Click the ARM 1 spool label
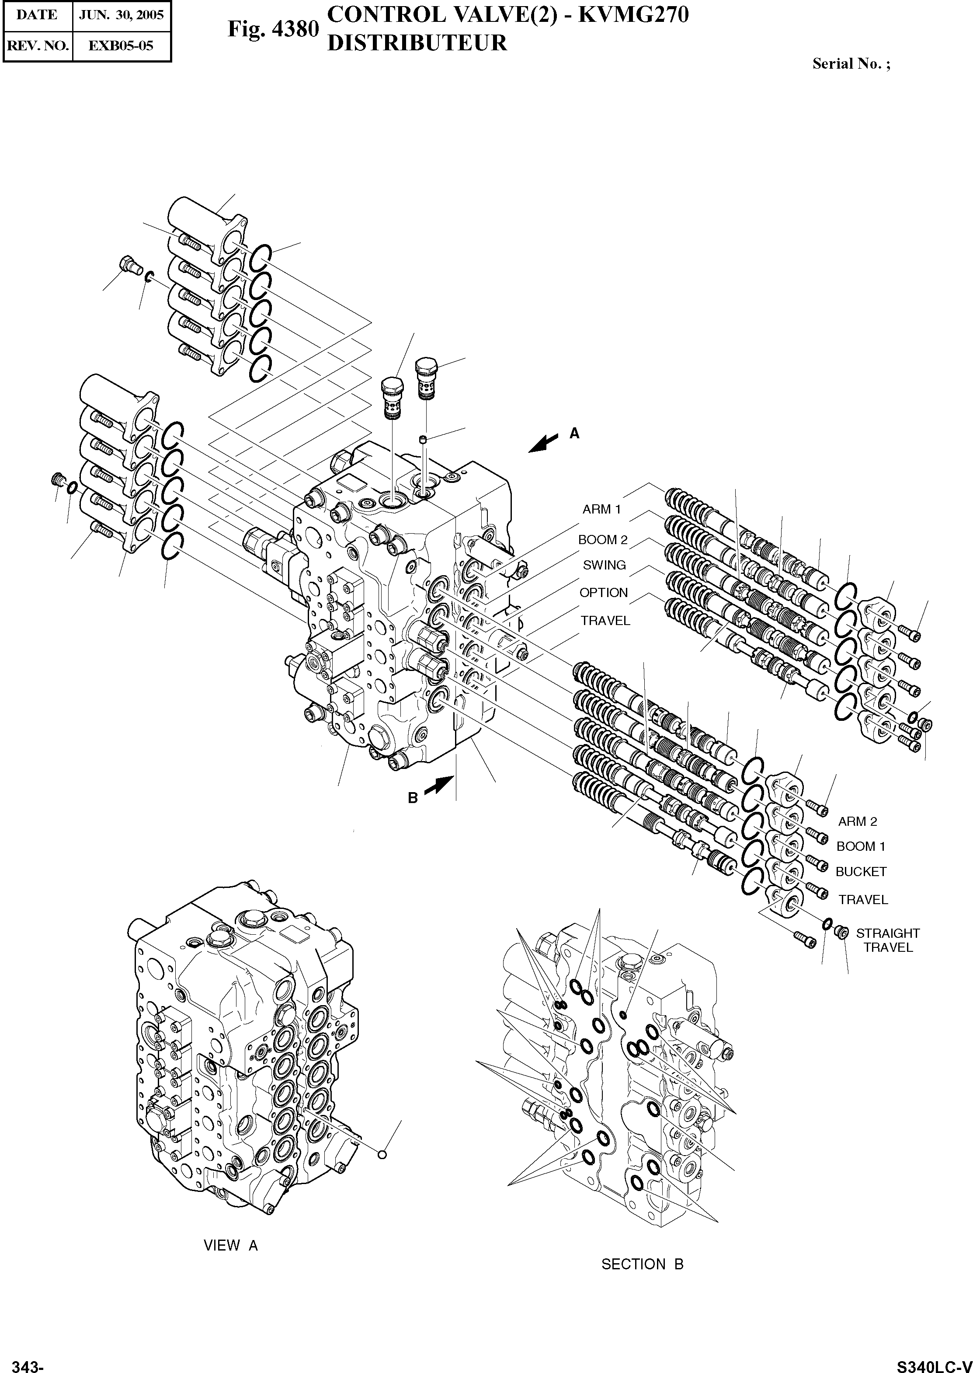(x=601, y=510)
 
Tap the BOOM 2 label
(x=602, y=540)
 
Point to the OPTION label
(x=603, y=592)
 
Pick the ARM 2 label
(x=857, y=821)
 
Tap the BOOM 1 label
(x=860, y=846)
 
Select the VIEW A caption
(x=231, y=1245)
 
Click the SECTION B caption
(x=642, y=1264)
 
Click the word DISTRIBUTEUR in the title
(x=417, y=43)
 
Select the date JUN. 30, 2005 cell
(x=122, y=15)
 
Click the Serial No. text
(x=851, y=64)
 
